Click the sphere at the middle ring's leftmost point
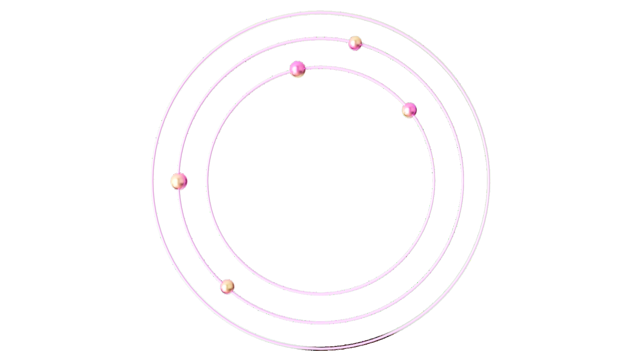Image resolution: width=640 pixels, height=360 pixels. (x=179, y=181)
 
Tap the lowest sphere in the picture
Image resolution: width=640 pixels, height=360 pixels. (x=227, y=286)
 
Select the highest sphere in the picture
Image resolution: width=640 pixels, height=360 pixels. (x=355, y=43)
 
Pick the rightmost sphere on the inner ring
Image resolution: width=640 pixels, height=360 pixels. (x=409, y=110)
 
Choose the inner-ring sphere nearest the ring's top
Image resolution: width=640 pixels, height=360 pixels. (x=298, y=69)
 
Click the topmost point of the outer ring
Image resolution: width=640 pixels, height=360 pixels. (x=320, y=12)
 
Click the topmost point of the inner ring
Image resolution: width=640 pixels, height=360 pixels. (x=320, y=67)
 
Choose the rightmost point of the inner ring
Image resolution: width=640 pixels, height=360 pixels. (x=433, y=180)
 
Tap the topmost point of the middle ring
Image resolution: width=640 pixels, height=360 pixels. (x=320, y=38)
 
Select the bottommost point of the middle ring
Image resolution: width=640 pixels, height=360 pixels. (x=320, y=322)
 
